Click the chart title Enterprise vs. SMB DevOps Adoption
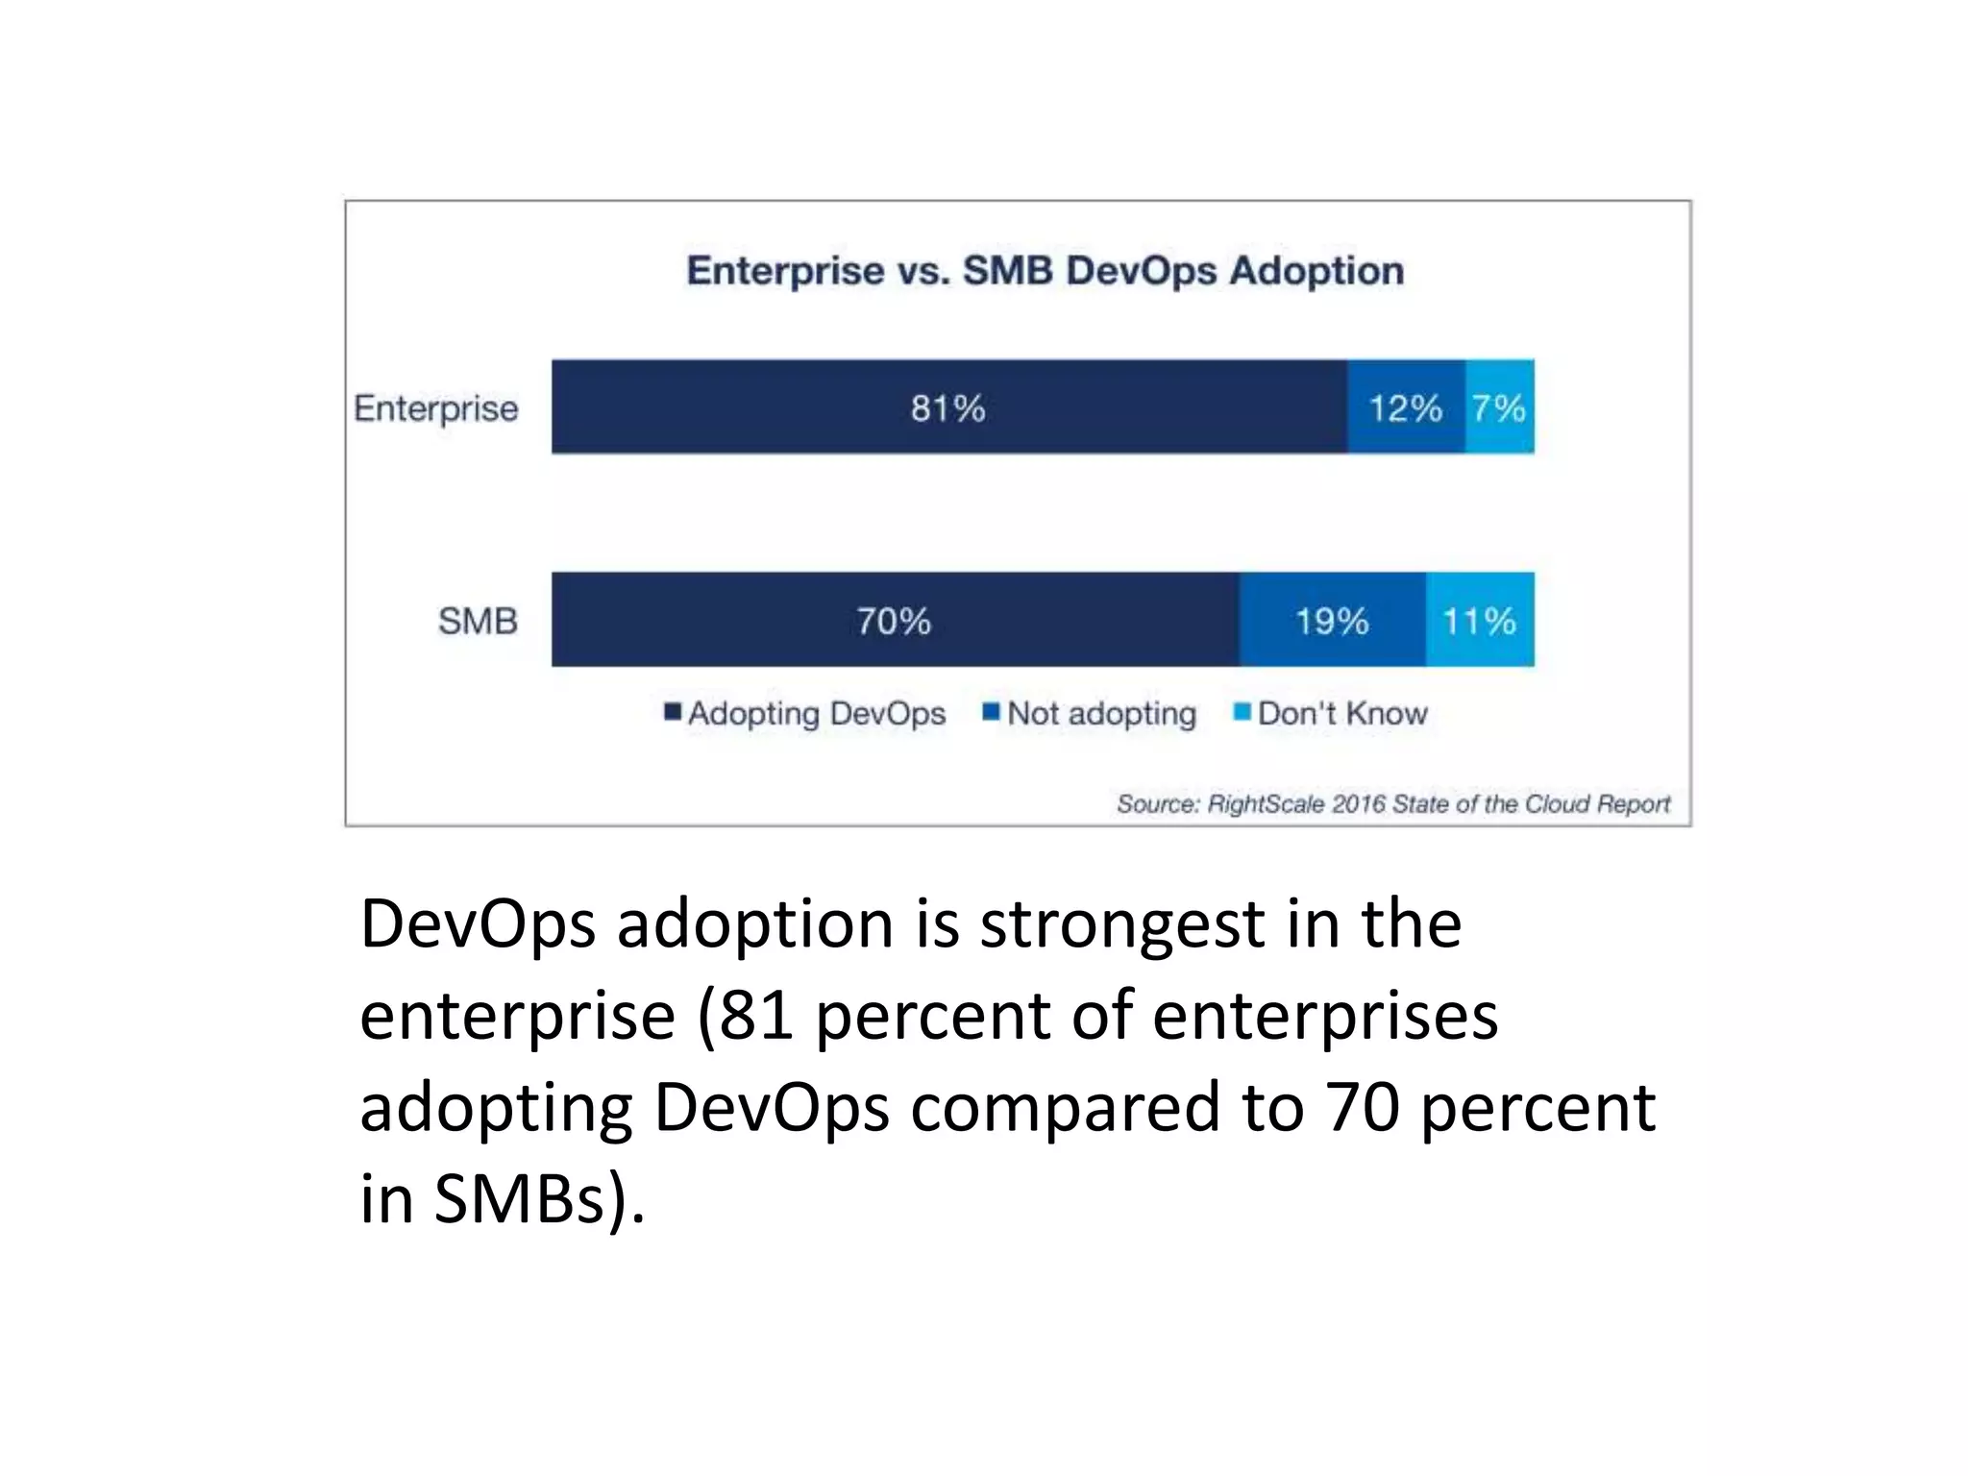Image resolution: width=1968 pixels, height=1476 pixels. coord(1045,271)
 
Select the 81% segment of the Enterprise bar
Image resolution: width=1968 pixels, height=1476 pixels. coord(948,407)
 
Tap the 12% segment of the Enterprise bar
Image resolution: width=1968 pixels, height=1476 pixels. coord(1406,407)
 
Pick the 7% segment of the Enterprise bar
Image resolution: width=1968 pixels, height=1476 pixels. coord(1499,407)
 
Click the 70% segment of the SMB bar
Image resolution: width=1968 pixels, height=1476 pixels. coord(895,620)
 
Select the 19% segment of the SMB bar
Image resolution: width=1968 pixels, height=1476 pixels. coord(1332,620)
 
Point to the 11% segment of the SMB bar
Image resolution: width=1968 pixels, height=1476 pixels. coord(1480,620)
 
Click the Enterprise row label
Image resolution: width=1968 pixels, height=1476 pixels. coord(436,408)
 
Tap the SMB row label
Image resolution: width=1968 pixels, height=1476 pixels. coord(478,621)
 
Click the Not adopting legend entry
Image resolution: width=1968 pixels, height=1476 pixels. coord(1101,713)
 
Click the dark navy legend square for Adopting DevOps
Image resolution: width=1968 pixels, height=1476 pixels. coord(673,712)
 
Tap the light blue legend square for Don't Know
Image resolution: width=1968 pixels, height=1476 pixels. coord(1242,712)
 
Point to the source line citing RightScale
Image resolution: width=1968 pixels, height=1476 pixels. coord(1392,803)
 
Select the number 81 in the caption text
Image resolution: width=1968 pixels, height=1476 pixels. coord(755,1016)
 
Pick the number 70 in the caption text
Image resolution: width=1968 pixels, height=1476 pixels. coord(1361,1107)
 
